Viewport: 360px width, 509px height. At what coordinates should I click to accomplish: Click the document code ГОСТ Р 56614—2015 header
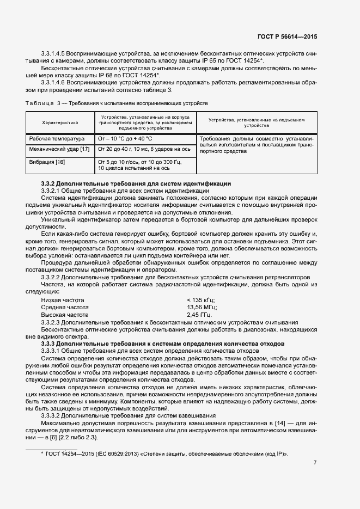[286, 37]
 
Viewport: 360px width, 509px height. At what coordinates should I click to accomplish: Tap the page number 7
[315, 463]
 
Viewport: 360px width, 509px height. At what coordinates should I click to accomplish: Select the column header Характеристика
[60, 123]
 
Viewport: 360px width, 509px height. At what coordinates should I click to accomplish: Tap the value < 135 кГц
[201, 300]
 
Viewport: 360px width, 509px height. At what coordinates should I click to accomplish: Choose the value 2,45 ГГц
[200, 315]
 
